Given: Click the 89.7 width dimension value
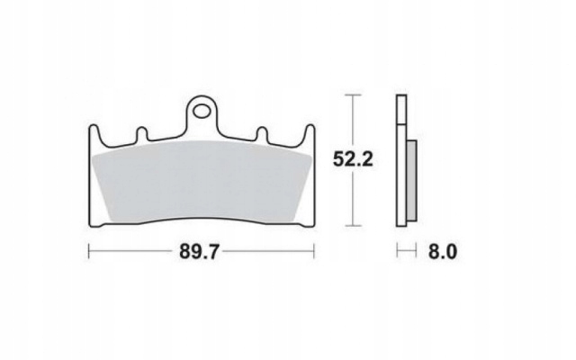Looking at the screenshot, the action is click(199, 252).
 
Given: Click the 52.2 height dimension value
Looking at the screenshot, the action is click(353, 159).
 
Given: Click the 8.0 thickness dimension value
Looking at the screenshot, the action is click(443, 252).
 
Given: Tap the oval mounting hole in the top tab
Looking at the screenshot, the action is click(202, 111).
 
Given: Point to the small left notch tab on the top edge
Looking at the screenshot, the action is click(142, 134).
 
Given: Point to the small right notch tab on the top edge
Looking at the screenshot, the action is click(262, 134).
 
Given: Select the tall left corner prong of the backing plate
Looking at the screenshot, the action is click(94, 135).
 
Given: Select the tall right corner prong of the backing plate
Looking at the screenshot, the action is click(310, 135).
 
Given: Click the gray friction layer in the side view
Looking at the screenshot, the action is click(411, 180).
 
